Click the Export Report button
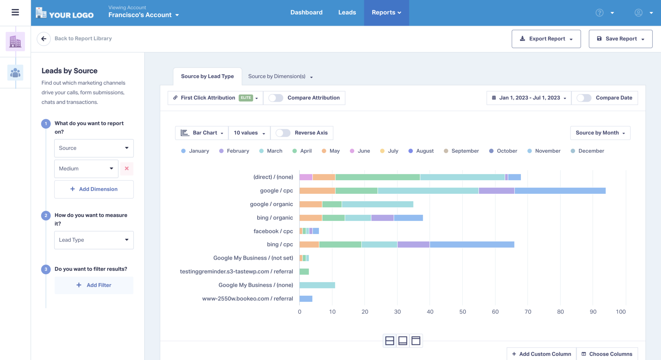point(546,39)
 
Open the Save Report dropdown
point(620,39)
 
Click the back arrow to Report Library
point(44,39)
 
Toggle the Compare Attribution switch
point(276,98)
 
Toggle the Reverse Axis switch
point(283,133)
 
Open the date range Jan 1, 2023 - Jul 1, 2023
point(529,98)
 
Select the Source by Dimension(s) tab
point(280,77)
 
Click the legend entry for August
point(421,151)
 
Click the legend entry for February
point(234,151)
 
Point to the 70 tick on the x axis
point(528,312)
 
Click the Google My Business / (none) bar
point(317,285)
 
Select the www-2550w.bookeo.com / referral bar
point(306,299)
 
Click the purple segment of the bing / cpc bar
point(413,244)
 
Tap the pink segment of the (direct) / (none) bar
point(306,177)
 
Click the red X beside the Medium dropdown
point(127,169)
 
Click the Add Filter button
point(94,285)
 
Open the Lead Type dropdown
point(94,240)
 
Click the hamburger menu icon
point(15,12)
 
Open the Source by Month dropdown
point(600,133)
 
